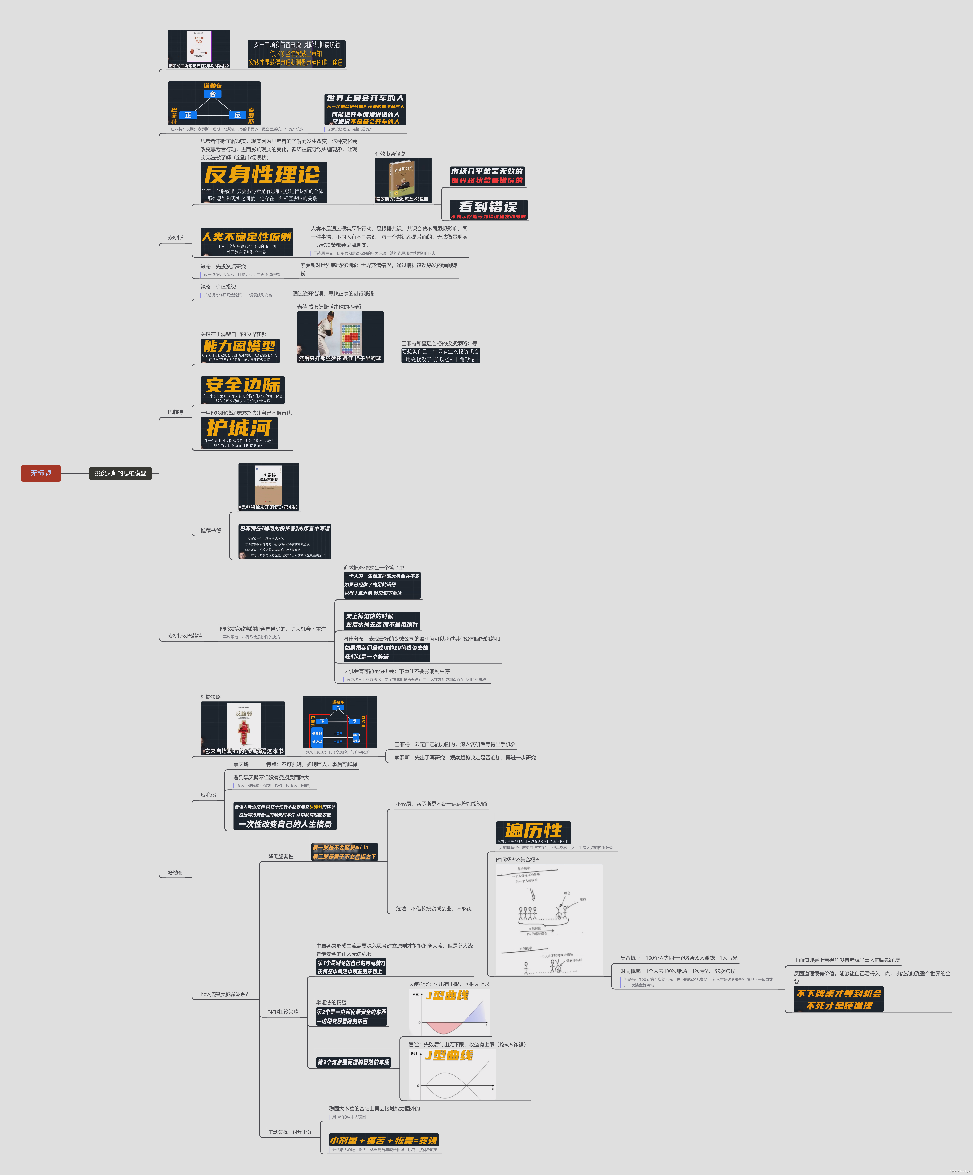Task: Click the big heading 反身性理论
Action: (262, 175)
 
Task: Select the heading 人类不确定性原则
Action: (247, 237)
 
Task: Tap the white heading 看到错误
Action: (488, 207)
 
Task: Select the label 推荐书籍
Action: (210, 530)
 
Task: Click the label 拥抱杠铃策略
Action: (283, 1012)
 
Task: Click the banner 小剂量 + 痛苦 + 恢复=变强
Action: (384, 1140)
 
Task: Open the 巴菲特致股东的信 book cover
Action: (269, 484)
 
